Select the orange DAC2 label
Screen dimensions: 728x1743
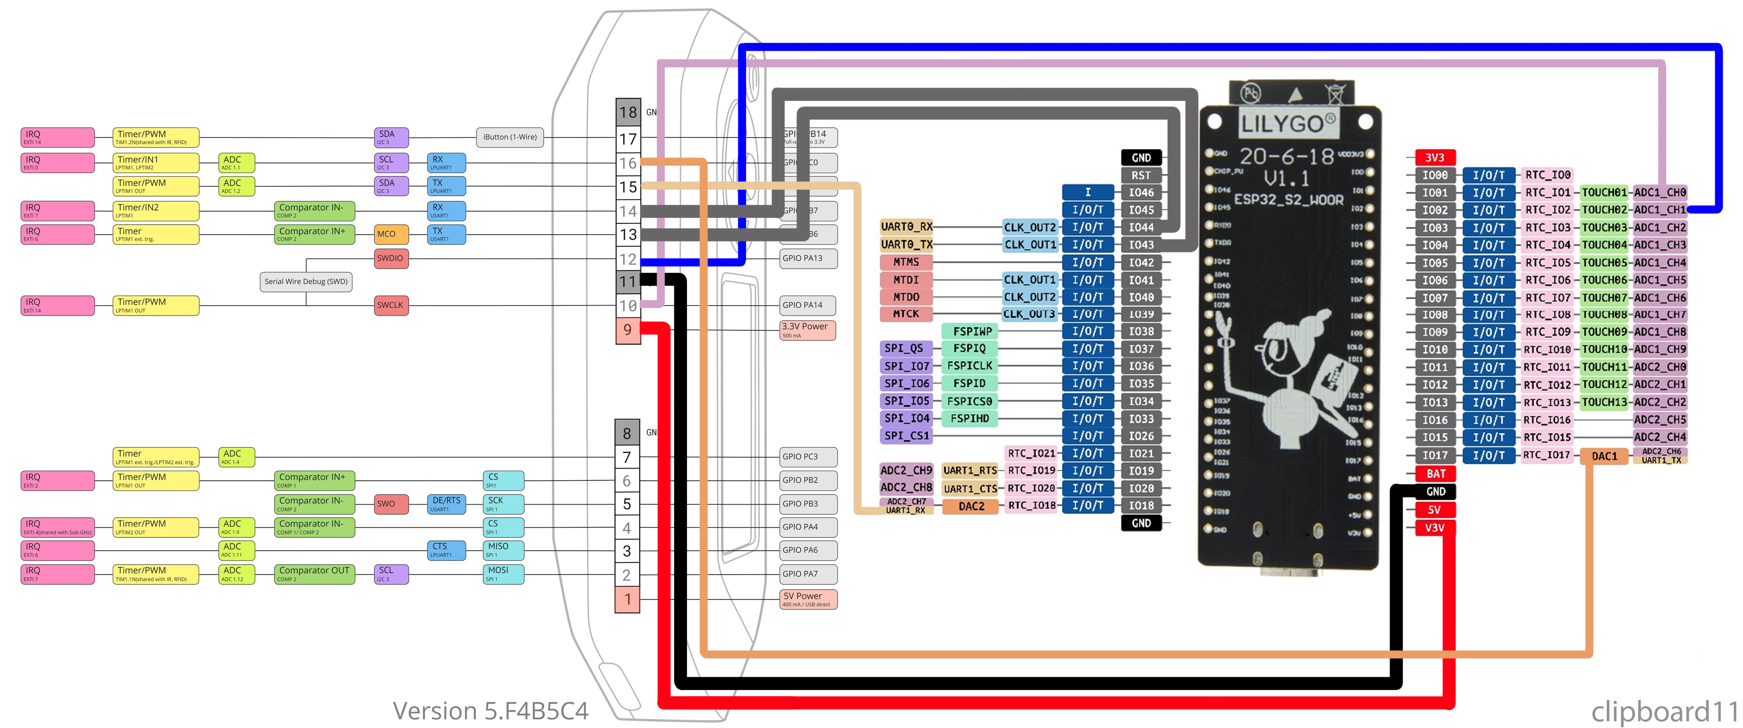(971, 506)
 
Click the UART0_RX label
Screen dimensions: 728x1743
(906, 227)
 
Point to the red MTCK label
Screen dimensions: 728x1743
(905, 314)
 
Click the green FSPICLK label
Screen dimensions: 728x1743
(970, 366)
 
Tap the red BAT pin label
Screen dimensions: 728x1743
(1435, 474)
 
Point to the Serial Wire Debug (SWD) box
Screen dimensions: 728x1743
(306, 282)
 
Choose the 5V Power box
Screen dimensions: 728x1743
(808, 599)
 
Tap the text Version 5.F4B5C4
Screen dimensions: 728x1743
(490, 710)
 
